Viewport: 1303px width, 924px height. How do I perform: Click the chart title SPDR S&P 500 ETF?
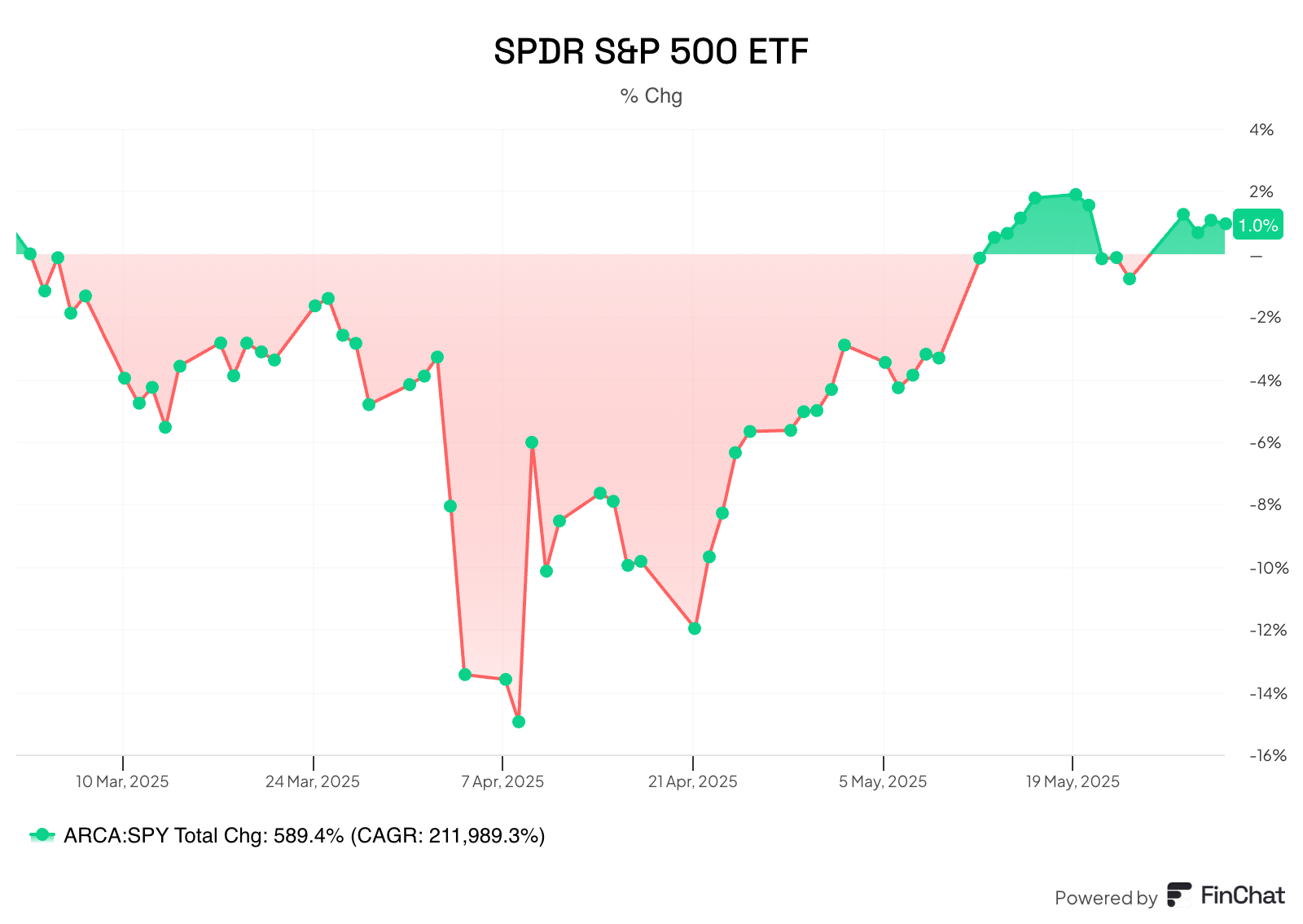pos(651,51)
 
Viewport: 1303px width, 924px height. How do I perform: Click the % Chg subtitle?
pos(651,96)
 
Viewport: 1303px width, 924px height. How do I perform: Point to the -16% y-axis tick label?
pos(1268,755)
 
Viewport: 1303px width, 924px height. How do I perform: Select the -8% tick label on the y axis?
pos(1265,504)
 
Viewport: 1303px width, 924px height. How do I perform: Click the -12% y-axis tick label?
pos(1268,630)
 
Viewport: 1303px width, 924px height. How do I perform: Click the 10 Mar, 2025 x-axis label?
pos(122,781)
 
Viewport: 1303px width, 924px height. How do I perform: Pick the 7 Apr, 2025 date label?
pos(502,781)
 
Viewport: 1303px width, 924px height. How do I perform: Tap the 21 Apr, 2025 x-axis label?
pos(692,781)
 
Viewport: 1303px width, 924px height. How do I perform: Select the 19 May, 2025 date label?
pos(1073,781)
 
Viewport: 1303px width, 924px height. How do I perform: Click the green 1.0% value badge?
pos(1258,225)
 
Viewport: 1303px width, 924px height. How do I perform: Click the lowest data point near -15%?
pos(519,721)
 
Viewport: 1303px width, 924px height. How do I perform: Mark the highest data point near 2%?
pos(1076,195)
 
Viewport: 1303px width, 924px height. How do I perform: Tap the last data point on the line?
pos(1225,223)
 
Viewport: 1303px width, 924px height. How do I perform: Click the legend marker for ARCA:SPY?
pos(42,835)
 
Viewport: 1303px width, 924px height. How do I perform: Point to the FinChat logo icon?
pos(1179,895)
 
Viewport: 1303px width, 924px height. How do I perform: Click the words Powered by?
pos(1105,898)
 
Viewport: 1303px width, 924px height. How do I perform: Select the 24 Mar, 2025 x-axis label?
pos(313,781)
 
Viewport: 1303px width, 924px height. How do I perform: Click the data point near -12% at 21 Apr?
pos(695,628)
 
